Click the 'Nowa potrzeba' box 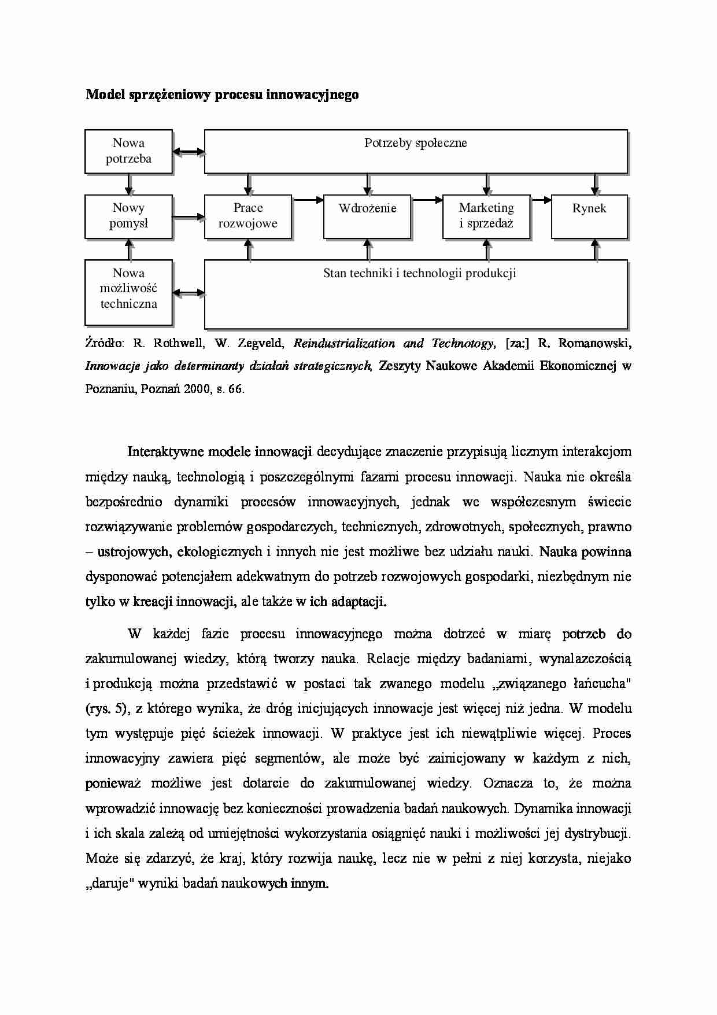128,151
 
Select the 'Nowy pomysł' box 128,216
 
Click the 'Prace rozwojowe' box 247,216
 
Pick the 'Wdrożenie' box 367,216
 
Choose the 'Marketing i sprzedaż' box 486,216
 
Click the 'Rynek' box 589,216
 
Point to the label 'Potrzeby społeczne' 415,143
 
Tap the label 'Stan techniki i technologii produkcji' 419,273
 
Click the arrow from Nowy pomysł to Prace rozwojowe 189,217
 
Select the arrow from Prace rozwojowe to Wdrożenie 308,200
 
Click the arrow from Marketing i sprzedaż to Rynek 541,200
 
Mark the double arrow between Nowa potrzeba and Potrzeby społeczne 189,152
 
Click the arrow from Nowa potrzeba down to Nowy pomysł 130,185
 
